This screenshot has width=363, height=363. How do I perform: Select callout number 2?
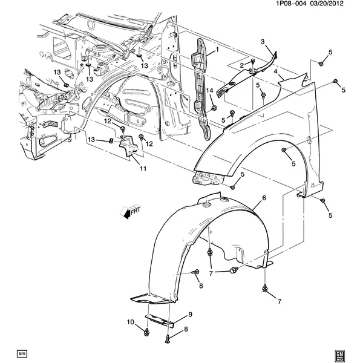tap(241, 65)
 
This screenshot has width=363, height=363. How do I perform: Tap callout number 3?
tap(263, 41)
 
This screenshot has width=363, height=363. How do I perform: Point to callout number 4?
tap(275, 71)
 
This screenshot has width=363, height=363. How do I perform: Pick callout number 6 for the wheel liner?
tap(264, 198)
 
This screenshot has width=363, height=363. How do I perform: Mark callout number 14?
tap(210, 91)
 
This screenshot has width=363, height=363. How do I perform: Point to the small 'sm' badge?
tap(22, 352)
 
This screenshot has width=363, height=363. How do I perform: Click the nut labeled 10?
tap(147, 332)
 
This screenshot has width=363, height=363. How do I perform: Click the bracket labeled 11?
tap(128, 148)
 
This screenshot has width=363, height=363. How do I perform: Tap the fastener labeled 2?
tap(250, 62)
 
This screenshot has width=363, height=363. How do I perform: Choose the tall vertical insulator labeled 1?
tap(202, 85)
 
